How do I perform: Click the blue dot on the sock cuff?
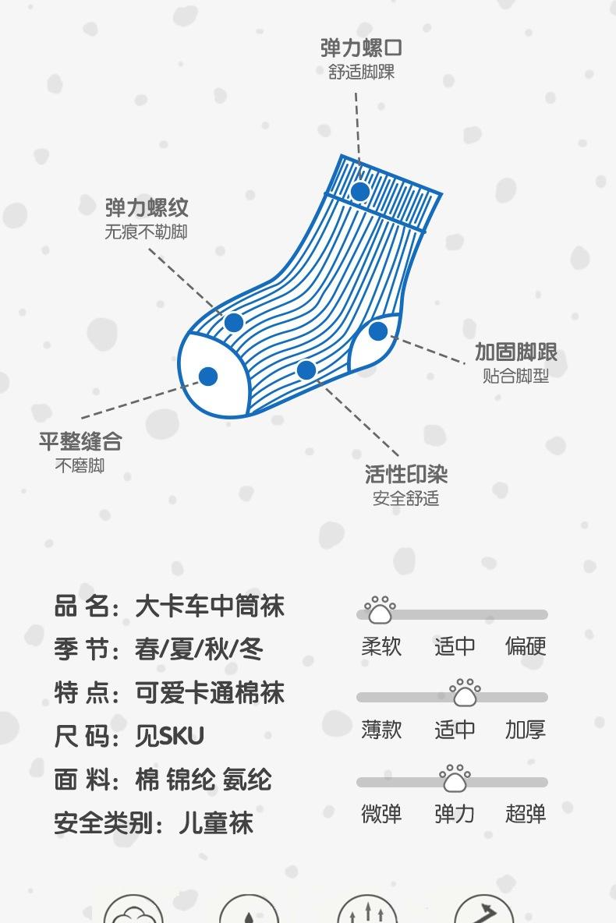[x=359, y=191]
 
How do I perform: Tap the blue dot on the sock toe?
[x=207, y=377]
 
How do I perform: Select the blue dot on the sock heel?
[x=378, y=331]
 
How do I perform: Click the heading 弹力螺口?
[x=361, y=48]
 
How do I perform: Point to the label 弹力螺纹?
[x=147, y=207]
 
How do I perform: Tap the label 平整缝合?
[x=80, y=441]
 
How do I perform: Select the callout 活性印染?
[x=406, y=474]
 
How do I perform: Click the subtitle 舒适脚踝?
[x=361, y=72]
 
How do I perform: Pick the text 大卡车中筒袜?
[x=211, y=606]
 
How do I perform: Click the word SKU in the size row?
[x=182, y=736]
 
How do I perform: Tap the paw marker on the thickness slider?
[x=464, y=693]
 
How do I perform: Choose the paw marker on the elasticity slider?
[x=454, y=778]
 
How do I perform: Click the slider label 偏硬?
[x=525, y=646]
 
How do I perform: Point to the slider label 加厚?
[x=525, y=730]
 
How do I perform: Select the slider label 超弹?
[x=525, y=814]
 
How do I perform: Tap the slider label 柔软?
[x=381, y=646]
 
